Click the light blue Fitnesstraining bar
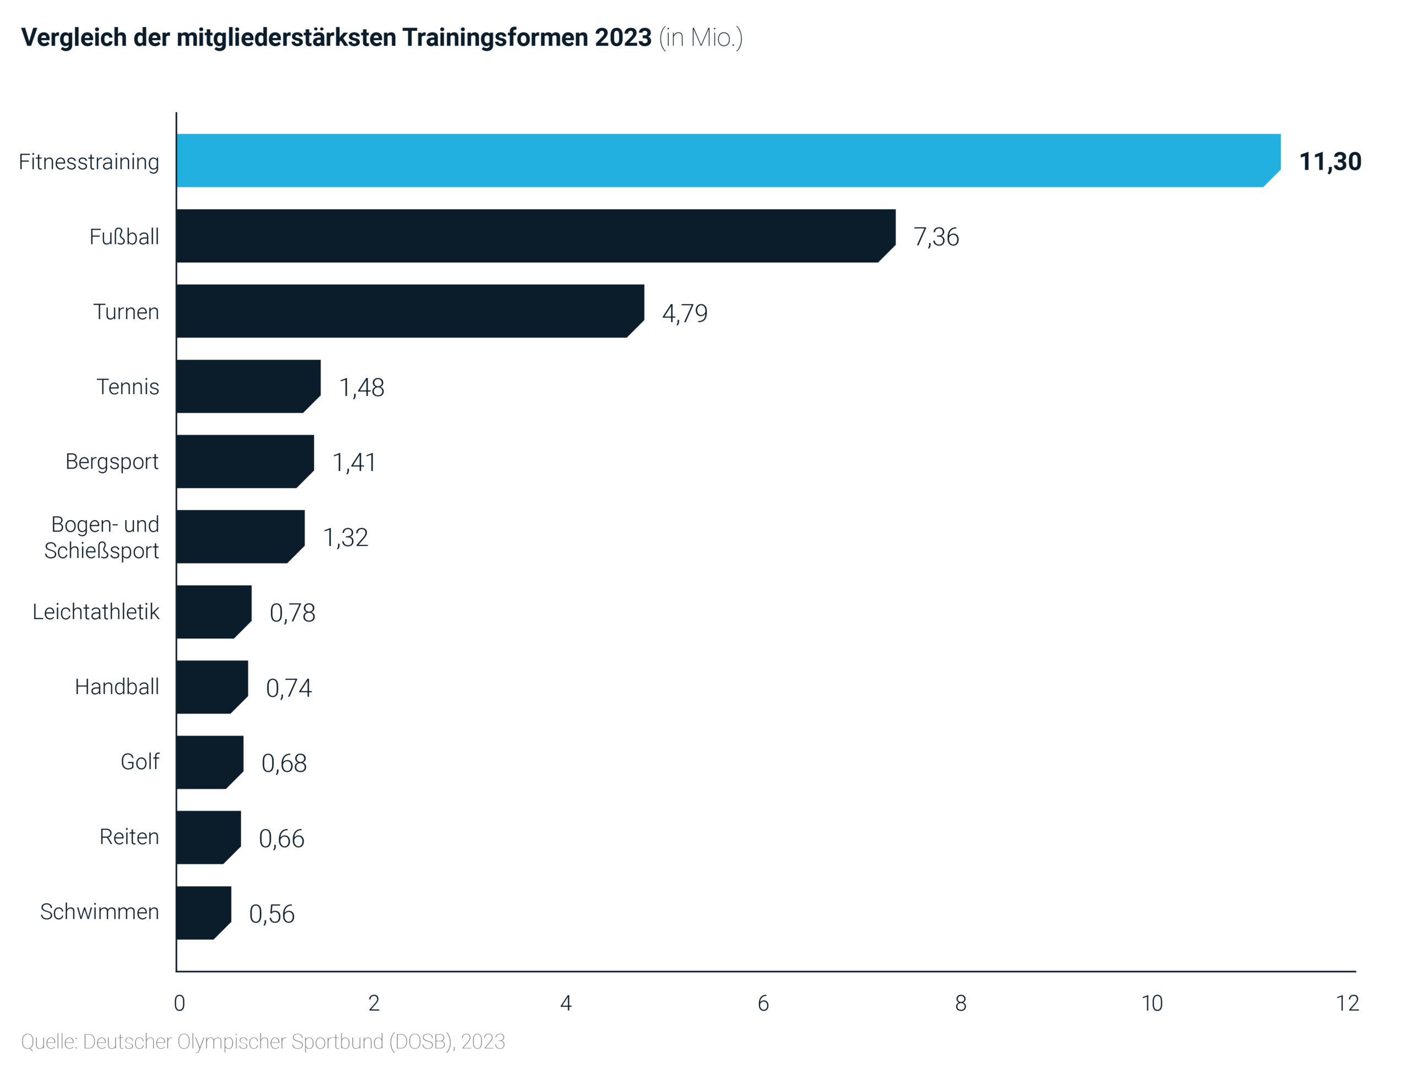(728, 160)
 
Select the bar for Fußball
(535, 235)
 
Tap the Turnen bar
(410, 311)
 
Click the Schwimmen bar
(203, 912)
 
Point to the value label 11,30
(1330, 161)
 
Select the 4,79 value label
(685, 313)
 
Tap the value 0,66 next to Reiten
(281, 838)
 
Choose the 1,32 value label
(345, 537)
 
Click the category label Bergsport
(112, 462)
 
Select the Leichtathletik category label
(96, 612)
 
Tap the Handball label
(117, 686)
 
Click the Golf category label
(140, 762)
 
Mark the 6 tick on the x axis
(763, 1003)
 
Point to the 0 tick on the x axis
(179, 1003)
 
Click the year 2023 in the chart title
(623, 37)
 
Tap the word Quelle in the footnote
(49, 1042)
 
